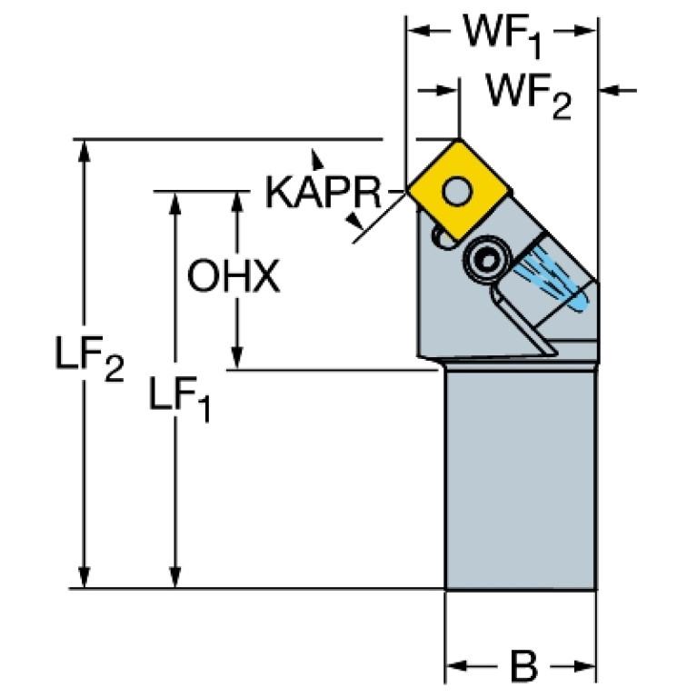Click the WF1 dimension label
(x=502, y=34)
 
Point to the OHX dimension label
(x=233, y=278)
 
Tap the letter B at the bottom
(x=523, y=669)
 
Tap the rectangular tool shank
(x=521, y=477)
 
